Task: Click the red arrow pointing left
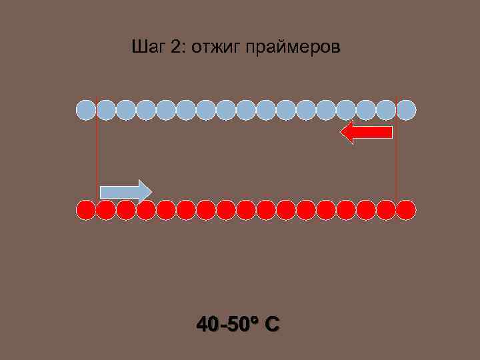click(x=366, y=133)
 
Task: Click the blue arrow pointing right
click(x=125, y=191)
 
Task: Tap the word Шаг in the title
click(x=148, y=47)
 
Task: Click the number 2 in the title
click(x=175, y=47)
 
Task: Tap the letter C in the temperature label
click(x=271, y=325)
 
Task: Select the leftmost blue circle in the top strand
click(x=85, y=109)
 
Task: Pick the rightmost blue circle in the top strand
click(x=406, y=109)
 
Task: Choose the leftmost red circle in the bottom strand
click(x=85, y=210)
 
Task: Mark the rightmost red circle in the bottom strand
click(x=406, y=210)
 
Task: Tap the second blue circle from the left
click(x=105, y=109)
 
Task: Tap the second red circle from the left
click(x=105, y=210)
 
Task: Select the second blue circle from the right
click(x=386, y=109)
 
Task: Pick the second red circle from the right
click(x=386, y=210)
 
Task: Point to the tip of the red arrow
click(x=341, y=133)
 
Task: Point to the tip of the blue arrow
click(x=151, y=191)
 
